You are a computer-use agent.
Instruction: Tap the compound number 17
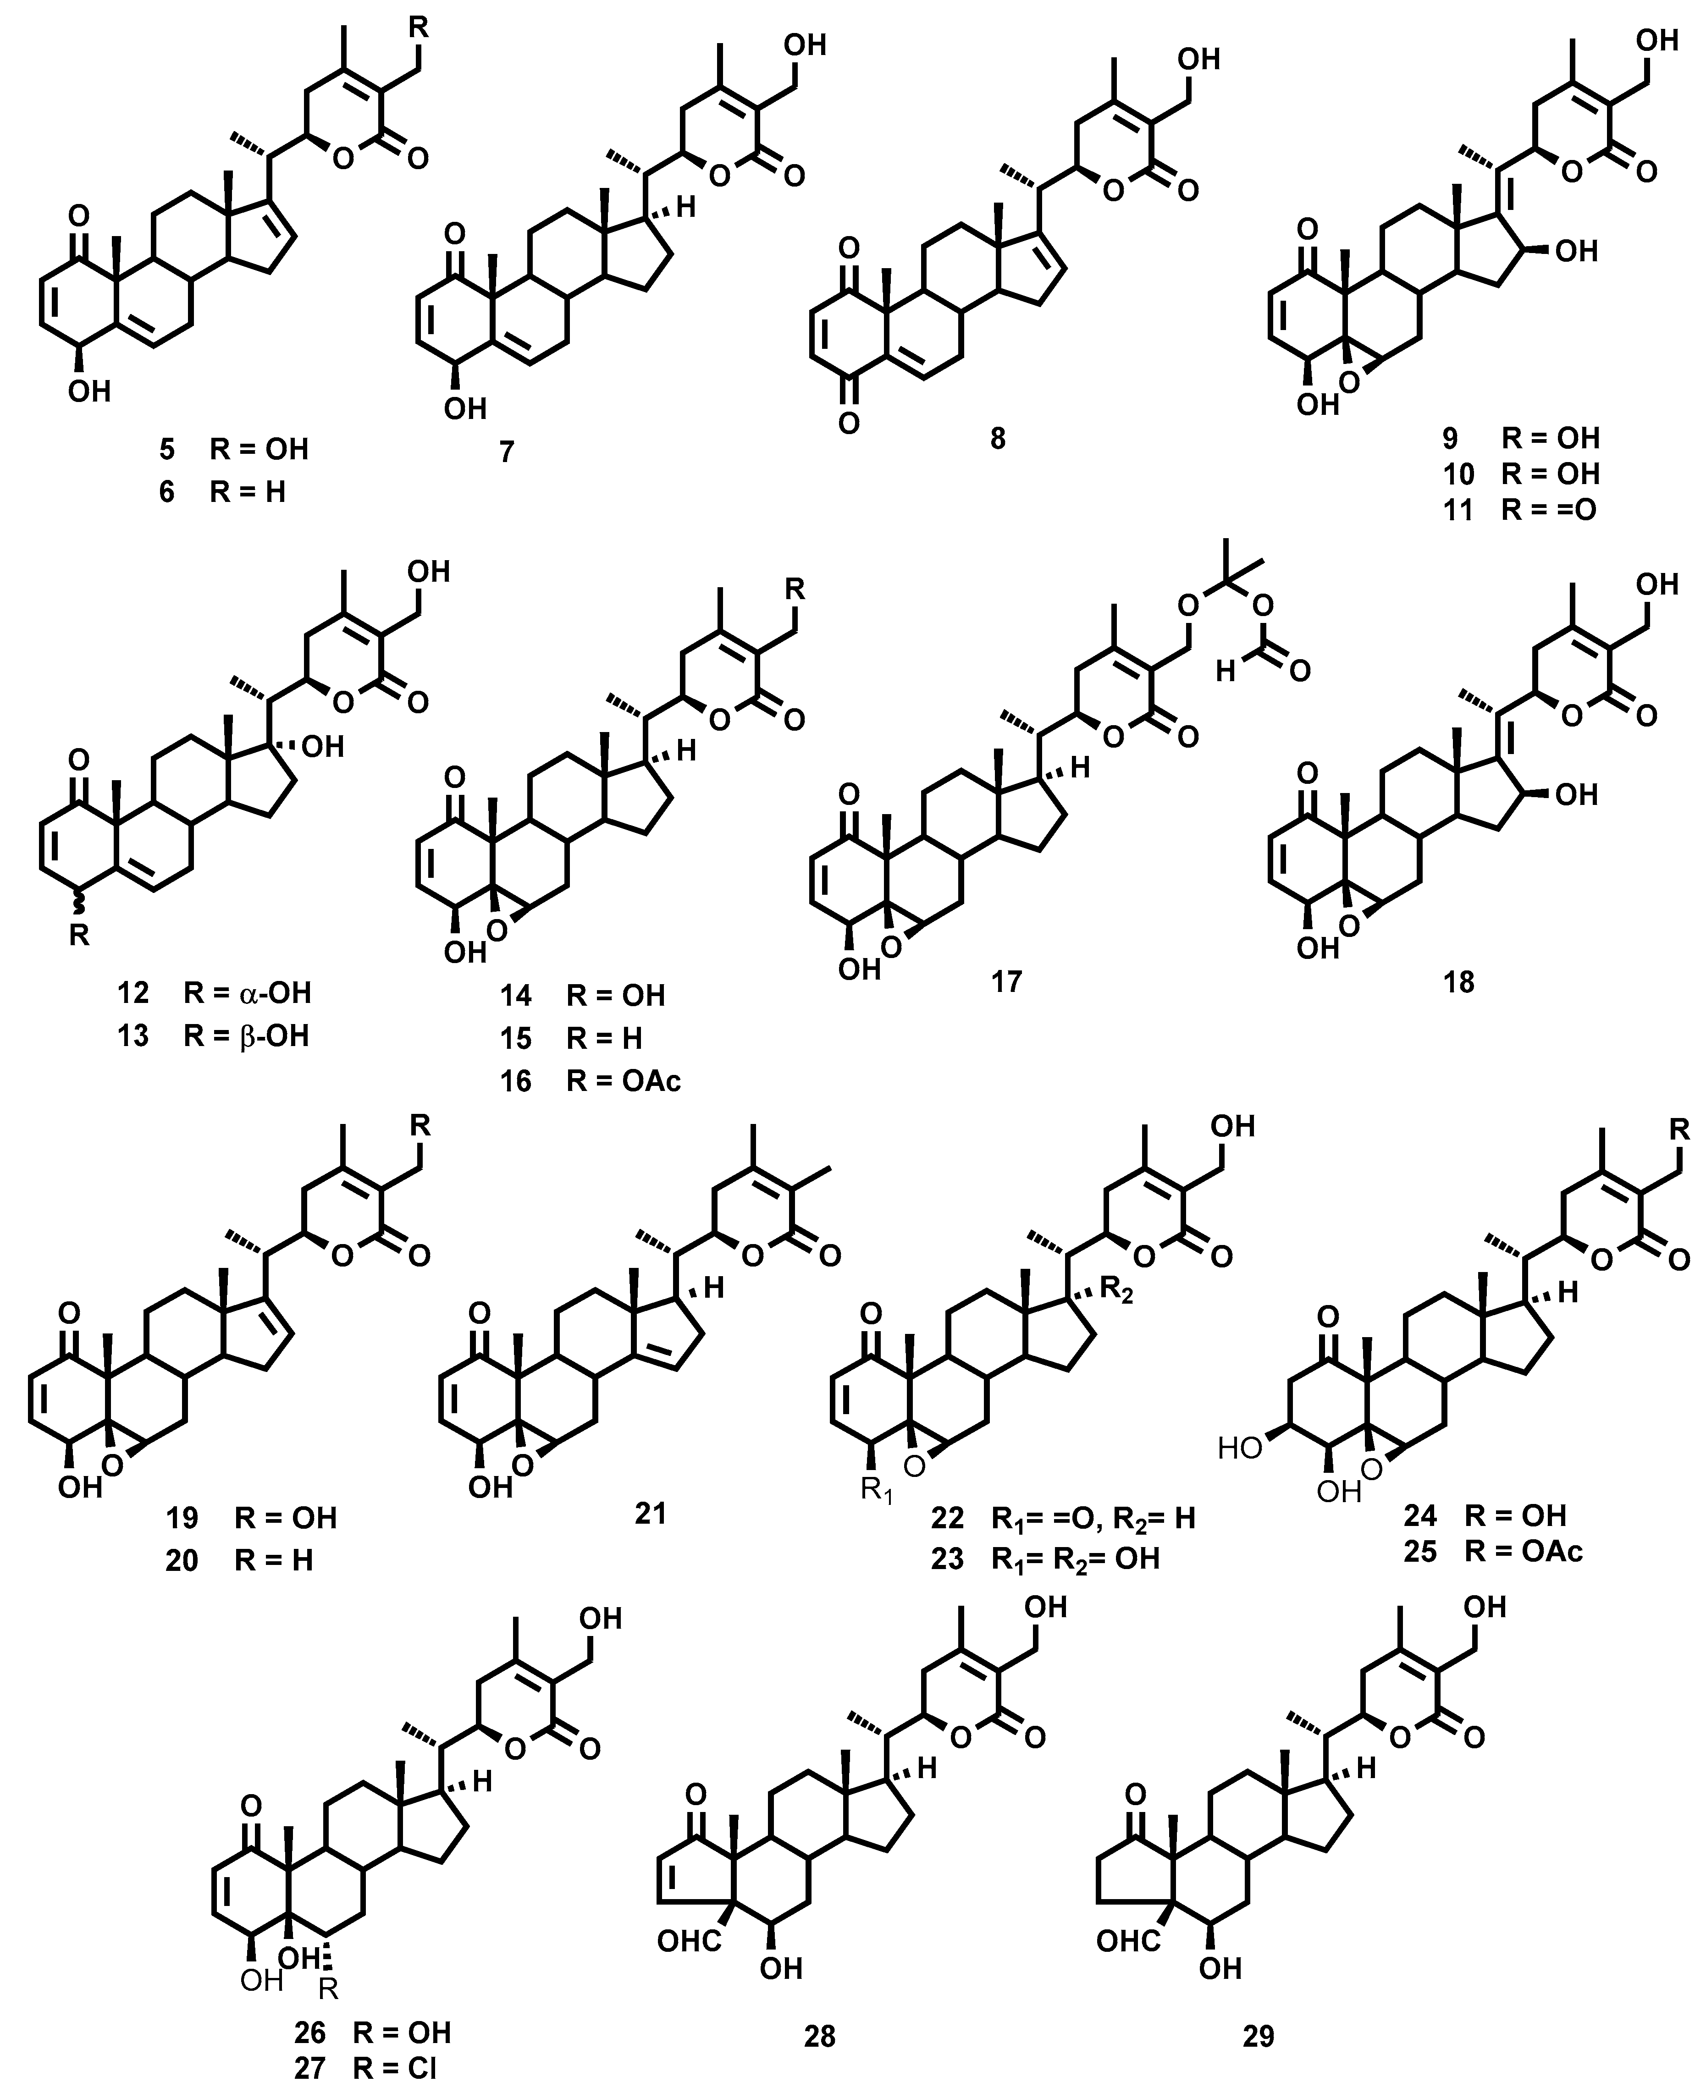(x=1006, y=980)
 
